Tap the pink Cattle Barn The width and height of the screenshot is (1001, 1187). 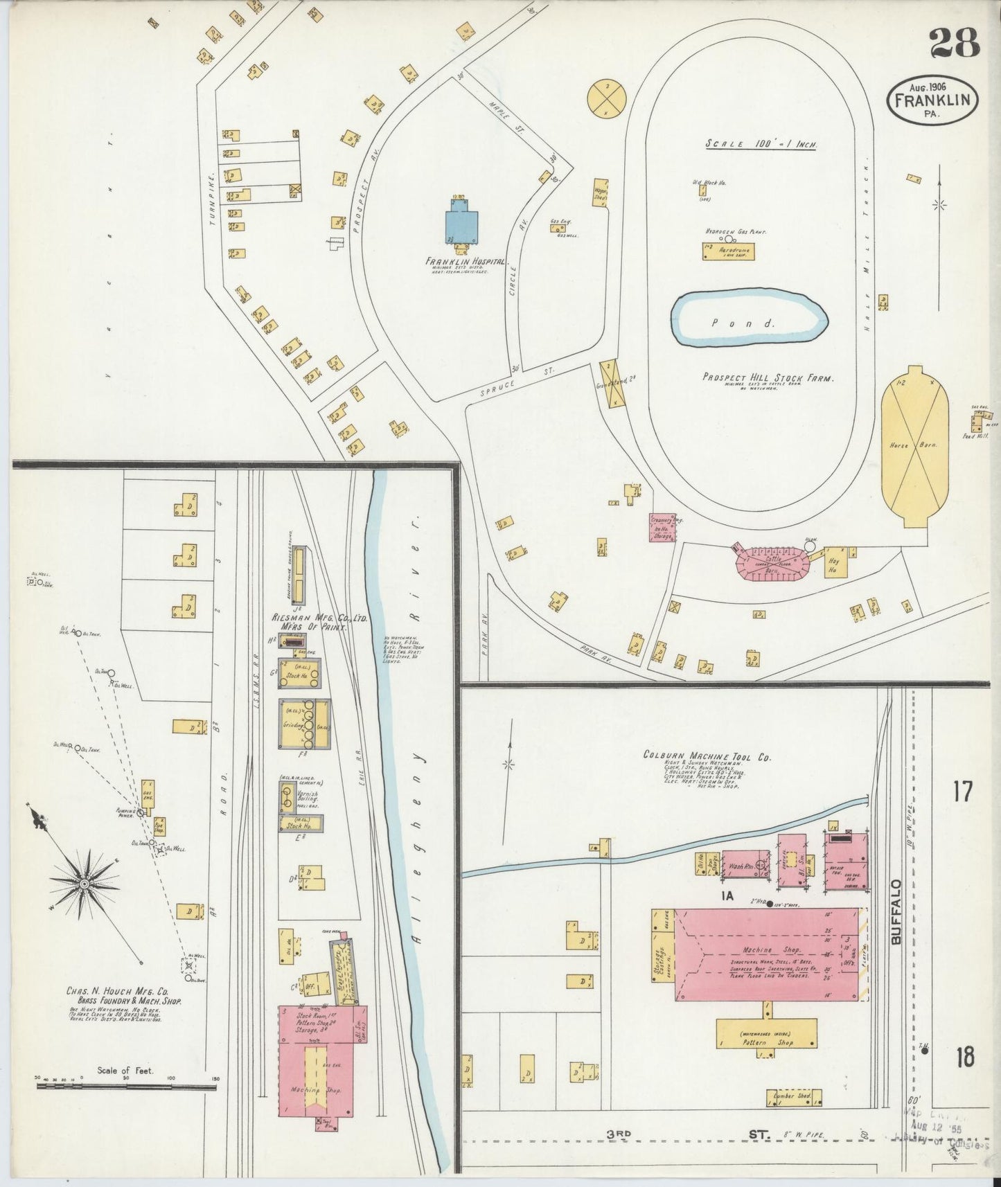point(771,559)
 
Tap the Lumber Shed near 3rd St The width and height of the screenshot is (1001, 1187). point(793,1098)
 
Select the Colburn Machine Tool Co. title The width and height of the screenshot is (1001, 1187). point(707,757)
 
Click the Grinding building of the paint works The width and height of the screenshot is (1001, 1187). point(304,724)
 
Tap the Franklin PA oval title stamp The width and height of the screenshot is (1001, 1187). point(934,100)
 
